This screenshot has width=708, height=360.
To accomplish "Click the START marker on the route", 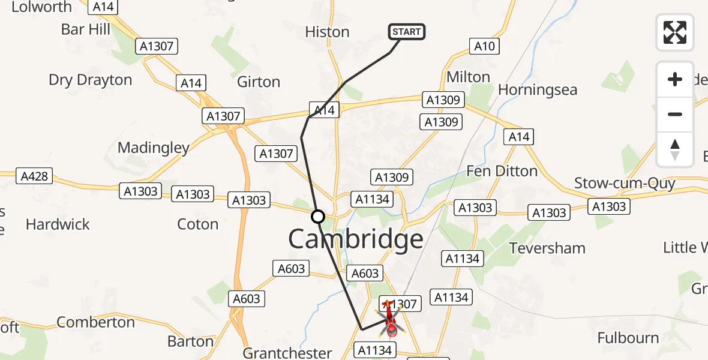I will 407,31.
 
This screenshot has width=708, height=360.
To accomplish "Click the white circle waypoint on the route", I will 318,217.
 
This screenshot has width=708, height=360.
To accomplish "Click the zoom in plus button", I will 675,79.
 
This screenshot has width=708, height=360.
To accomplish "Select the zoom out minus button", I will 675,114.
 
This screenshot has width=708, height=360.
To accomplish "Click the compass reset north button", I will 675,149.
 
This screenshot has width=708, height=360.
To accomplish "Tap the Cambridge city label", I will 356,239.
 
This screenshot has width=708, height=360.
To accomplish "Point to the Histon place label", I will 327,32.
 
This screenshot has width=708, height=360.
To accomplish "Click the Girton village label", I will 259,82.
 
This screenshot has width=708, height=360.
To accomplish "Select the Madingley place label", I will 154,148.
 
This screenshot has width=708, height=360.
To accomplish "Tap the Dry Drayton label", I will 90,80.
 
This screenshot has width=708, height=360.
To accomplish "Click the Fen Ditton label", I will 502,171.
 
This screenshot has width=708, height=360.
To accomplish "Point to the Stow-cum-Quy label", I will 625,183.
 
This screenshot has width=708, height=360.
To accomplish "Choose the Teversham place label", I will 547,248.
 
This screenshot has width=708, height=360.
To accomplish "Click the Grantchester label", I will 287,353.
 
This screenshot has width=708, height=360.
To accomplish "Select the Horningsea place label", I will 538,90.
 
